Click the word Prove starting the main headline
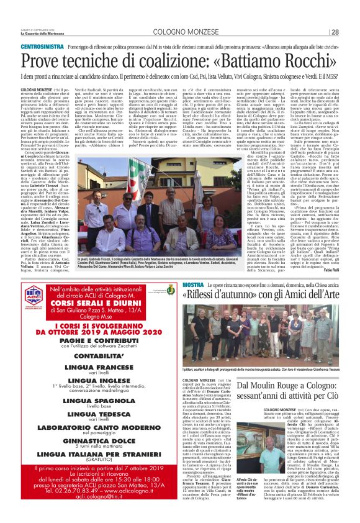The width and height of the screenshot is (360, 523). [42, 61]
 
